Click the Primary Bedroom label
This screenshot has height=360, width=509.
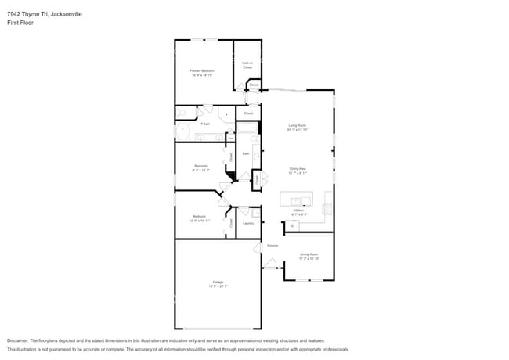pos(202,72)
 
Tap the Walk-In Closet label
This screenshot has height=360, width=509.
pos(247,66)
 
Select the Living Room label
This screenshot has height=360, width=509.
pos(297,127)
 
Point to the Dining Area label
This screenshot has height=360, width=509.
pos(297,171)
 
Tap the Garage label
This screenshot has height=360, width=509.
pos(218,283)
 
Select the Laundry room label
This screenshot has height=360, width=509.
pos(248,224)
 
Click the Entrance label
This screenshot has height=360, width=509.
pos(273,247)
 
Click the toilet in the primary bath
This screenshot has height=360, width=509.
pos(226,114)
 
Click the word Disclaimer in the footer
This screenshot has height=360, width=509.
pos(19,341)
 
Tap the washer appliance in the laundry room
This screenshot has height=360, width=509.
pos(244,211)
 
